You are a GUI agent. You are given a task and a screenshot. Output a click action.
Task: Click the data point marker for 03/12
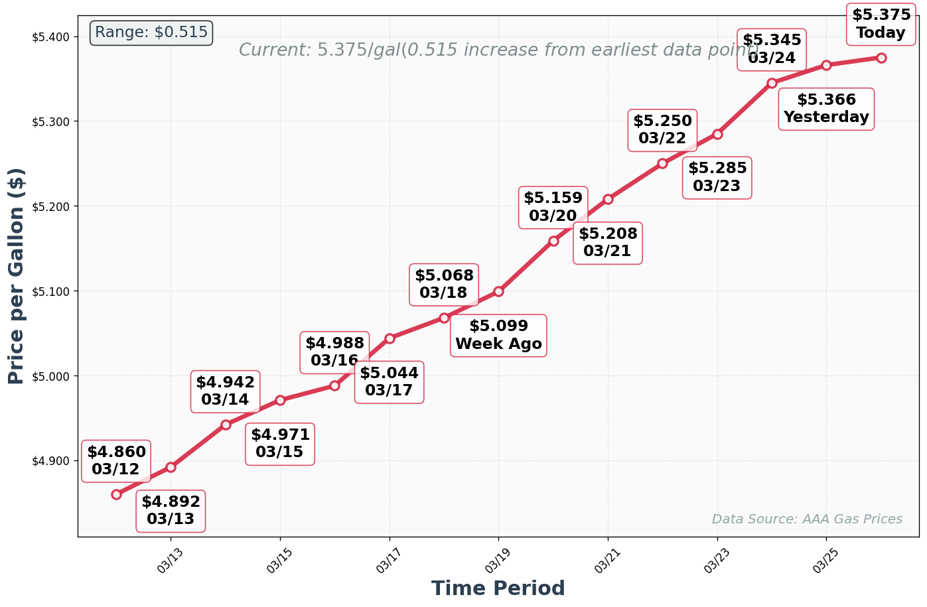(x=116, y=494)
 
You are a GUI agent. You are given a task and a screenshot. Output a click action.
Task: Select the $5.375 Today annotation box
(x=881, y=24)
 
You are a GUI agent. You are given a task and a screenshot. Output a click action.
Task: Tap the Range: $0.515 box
(x=151, y=33)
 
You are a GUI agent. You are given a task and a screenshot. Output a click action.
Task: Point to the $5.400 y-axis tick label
(x=50, y=36)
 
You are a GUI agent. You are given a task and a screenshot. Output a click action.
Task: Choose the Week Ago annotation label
(x=498, y=336)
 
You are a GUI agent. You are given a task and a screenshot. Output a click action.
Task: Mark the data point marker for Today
(x=881, y=58)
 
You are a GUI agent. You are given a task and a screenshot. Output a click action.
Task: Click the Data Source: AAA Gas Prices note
(x=807, y=519)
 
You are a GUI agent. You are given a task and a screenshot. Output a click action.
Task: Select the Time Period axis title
(x=498, y=588)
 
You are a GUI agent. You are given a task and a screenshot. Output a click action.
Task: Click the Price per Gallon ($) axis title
(x=17, y=276)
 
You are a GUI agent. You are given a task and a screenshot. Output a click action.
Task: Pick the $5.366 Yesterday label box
(x=826, y=109)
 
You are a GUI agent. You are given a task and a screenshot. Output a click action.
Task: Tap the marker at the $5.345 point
(x=772, y=83)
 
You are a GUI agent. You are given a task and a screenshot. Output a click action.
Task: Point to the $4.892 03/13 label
(x=171, y=511)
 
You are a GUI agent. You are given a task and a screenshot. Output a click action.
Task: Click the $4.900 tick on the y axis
(x=50, y=461)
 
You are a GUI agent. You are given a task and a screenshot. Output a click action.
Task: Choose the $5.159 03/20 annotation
(x=553, y=207)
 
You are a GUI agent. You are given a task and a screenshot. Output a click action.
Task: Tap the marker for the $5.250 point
(x=662, y=163)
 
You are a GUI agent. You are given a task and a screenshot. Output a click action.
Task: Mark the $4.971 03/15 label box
(x=280, y=444)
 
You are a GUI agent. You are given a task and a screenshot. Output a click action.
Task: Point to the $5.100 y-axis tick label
(x=50, y=291)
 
